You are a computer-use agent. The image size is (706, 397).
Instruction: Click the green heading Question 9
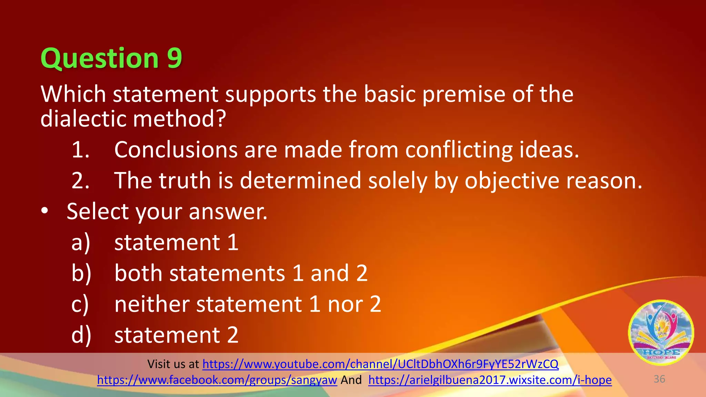(111, 58)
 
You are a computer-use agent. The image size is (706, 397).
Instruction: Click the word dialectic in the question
(83, 119)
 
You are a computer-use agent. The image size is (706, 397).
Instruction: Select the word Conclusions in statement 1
(176, 150)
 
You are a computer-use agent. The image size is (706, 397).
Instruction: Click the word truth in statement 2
(184, 180)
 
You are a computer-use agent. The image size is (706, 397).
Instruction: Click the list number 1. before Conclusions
(80, 150)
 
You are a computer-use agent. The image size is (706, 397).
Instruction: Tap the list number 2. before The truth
(80, 181)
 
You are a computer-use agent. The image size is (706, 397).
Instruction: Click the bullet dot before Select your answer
(44, 211)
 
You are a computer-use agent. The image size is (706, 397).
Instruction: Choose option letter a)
(81, 243)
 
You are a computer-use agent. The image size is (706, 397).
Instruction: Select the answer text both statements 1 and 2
(241, 273)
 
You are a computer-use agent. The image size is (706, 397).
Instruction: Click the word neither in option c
(152, 304)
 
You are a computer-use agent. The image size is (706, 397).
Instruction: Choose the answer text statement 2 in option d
(176, 335)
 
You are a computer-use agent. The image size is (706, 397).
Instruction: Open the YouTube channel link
(380, 364)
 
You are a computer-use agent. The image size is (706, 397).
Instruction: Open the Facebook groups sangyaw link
(217, 380)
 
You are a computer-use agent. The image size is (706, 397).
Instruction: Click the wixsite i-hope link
(490, 380)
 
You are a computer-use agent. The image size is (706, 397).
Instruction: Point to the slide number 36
(659, 379)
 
